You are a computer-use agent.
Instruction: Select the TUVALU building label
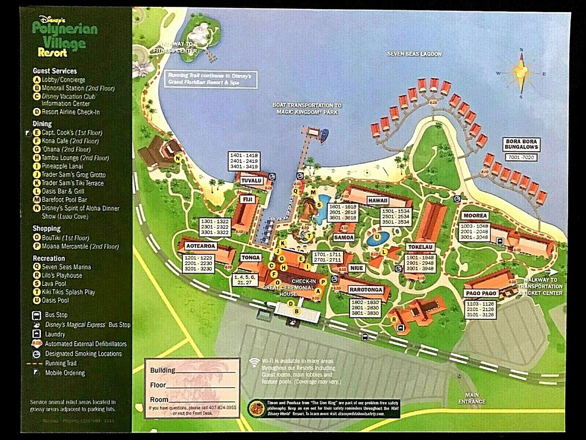tap(252, 181)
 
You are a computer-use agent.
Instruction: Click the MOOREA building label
tap(475, 216)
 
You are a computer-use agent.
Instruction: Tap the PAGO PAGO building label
tap(481, 293)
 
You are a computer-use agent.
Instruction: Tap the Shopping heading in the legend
tap(47, 228)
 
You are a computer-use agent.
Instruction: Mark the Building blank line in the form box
tap(204, 370)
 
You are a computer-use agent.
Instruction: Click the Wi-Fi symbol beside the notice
tap(254, 361)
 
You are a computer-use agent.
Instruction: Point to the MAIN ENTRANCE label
tap(472, 399)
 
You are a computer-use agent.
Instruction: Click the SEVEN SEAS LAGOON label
tap(415, 54)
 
